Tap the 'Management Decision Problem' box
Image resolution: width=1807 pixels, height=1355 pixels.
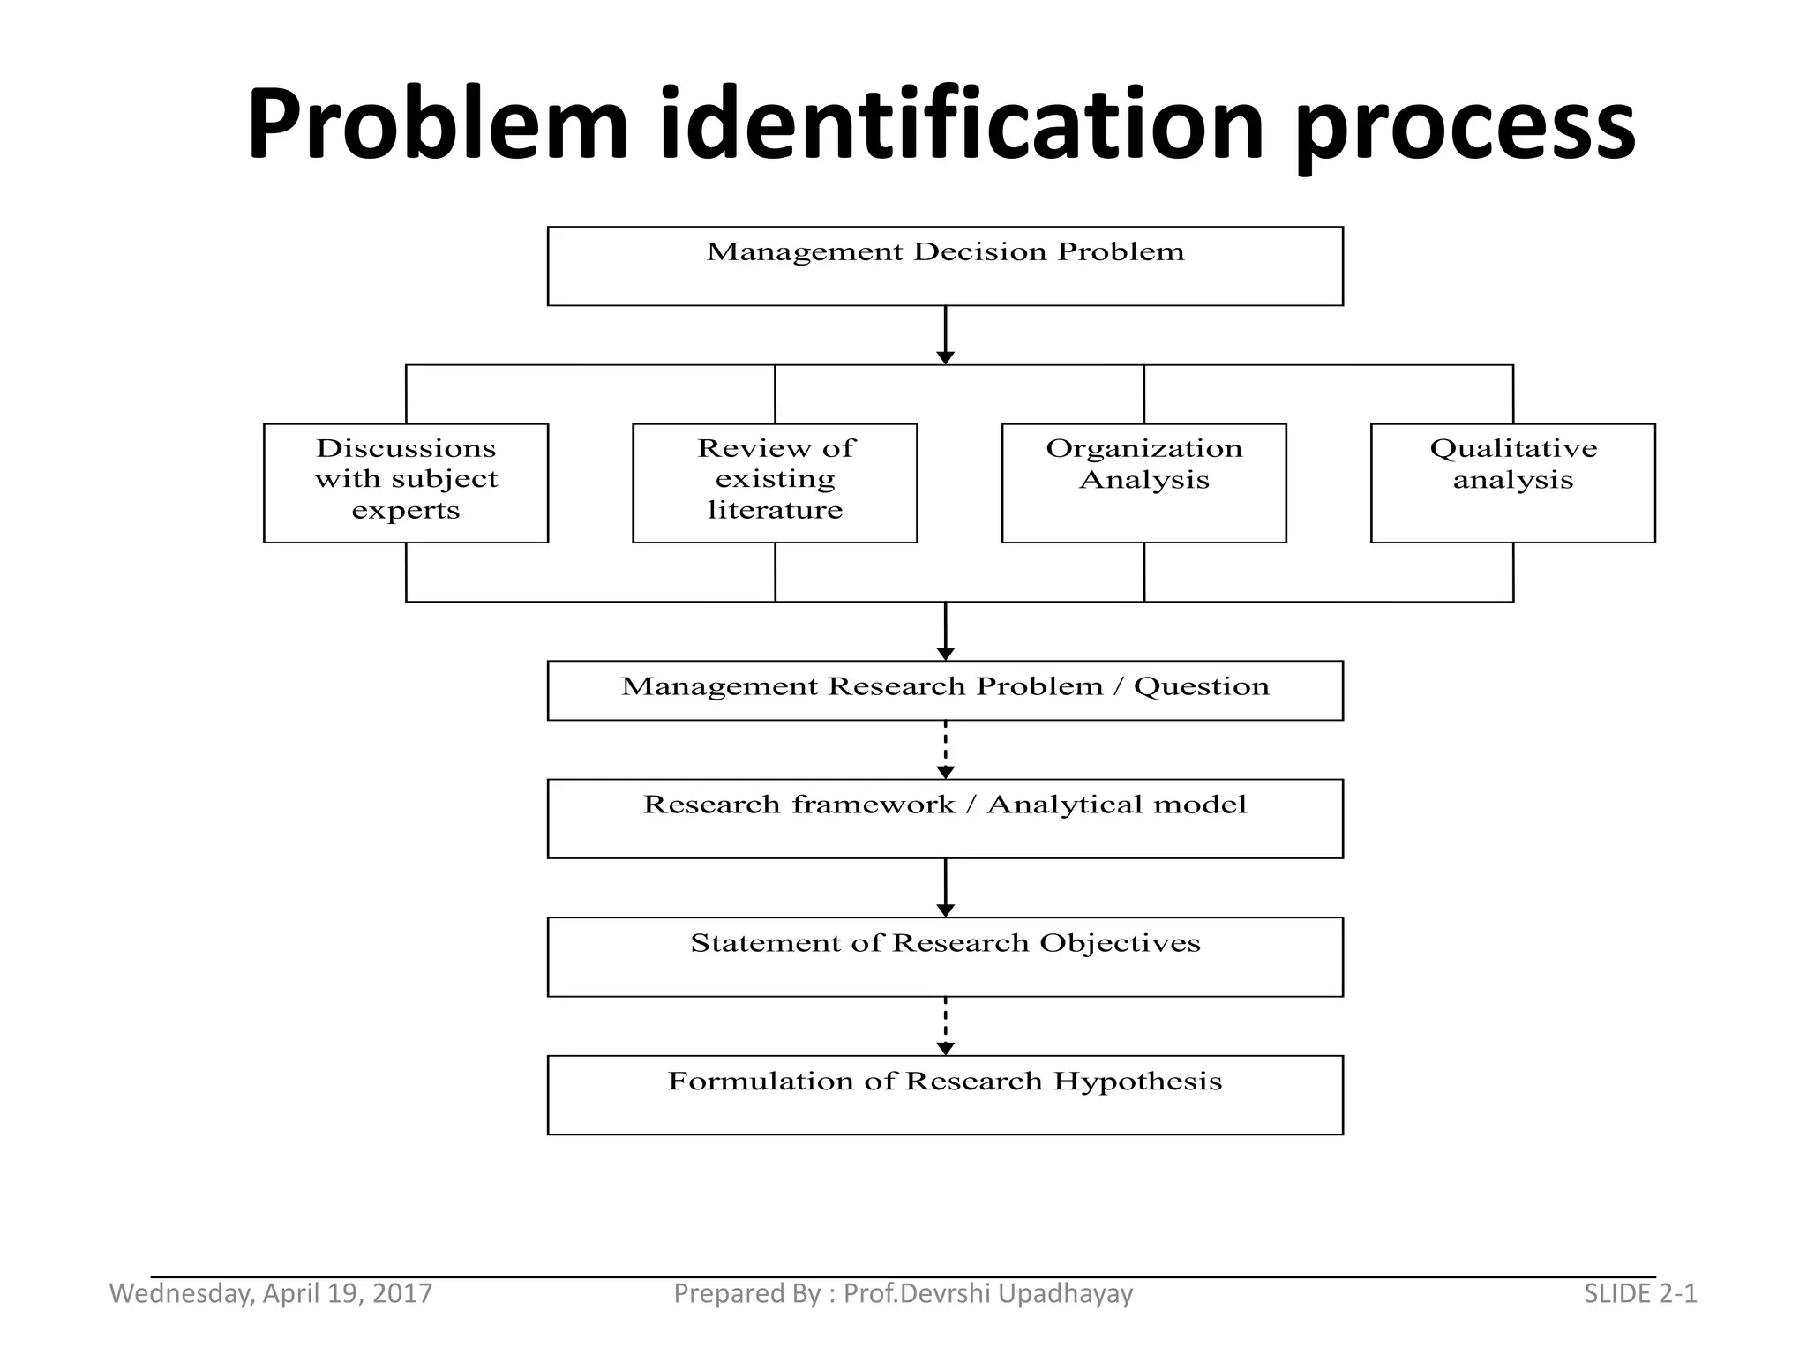(945, 266)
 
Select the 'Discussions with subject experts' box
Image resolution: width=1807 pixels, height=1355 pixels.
(406, 483)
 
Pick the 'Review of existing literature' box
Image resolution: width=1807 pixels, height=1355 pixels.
(775, 483)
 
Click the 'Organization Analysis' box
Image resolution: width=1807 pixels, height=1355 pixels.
(1143, 483)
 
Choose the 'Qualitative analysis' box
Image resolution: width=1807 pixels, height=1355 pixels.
(1512, 483)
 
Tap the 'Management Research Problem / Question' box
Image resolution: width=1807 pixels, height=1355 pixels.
(945, 690)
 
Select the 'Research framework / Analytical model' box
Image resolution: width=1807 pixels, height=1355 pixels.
(945, 818)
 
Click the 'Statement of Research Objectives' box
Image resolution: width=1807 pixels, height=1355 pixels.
(945, 956)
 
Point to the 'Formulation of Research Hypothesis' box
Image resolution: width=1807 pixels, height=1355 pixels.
(945, 1094)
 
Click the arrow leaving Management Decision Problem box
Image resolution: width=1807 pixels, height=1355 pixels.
(945, 335)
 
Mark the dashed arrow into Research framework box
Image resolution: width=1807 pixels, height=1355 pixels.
(945, 750)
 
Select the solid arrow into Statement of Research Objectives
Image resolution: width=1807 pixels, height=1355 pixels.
(945, 887)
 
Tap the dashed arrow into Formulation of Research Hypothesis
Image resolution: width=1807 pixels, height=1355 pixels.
(945, 1026)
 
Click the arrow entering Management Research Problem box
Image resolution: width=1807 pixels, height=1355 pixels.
(945, 632)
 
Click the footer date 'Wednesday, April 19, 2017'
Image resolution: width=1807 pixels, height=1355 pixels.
(271, 1293)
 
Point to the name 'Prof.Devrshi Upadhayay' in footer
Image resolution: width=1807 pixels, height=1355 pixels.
(987, 1293)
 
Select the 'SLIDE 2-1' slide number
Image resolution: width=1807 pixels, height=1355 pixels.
(1640, 1293)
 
